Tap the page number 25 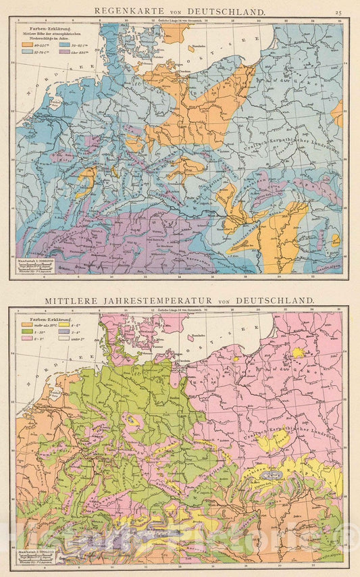pos(338,11)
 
